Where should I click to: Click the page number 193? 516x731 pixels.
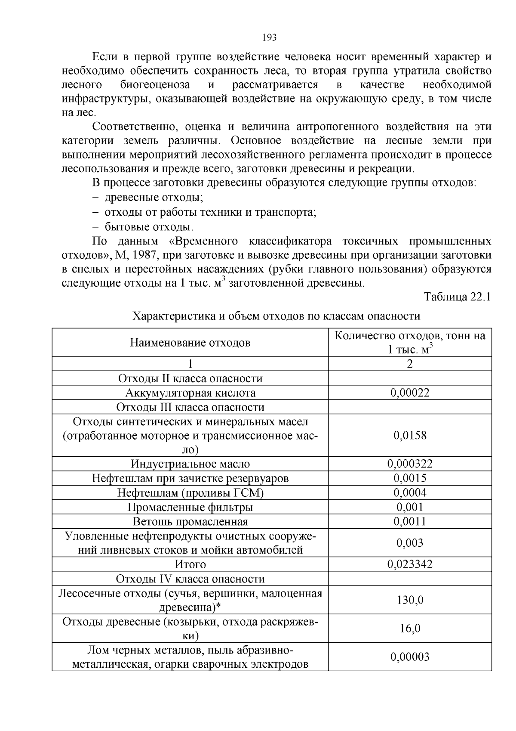click(269, 37)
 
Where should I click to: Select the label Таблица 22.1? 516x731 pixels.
click(457, 297)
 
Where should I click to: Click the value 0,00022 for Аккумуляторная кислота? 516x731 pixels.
click(410, 393)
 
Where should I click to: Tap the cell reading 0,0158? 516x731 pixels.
click(410, 435)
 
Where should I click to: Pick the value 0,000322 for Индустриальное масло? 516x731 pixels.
click(410, 464)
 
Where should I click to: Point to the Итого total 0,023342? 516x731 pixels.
click(410, 564)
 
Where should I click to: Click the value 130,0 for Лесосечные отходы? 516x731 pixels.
click(410, 600)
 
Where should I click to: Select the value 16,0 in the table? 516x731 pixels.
click(410, 629)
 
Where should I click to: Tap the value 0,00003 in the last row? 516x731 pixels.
click(410, 657)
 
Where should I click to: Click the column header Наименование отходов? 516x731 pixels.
click(190, 343)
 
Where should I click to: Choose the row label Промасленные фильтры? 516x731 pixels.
click(190, 507)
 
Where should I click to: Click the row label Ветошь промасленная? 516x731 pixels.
click(190, 522)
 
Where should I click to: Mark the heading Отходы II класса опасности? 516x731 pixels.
click(190, 378)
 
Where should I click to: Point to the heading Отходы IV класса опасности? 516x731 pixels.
click(190, 579)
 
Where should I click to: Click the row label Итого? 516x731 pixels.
click(190, 564)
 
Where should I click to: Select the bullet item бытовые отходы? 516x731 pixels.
click(149, 226)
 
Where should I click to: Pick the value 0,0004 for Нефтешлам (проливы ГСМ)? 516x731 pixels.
click(410, 492)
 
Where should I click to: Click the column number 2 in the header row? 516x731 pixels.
click(410, 364)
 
